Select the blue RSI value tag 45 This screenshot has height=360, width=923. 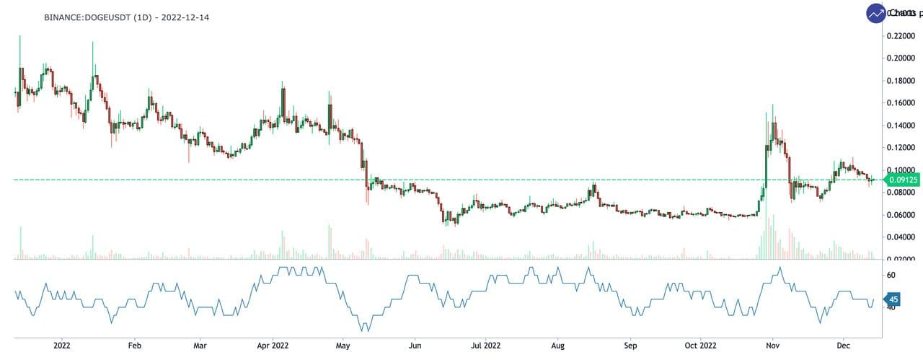pyautogui.click(x=892, y=299)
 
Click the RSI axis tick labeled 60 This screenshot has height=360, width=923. pyautogui.click(x=891, y=275)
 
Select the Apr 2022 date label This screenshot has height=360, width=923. pyautogui.click(x=274, y=345)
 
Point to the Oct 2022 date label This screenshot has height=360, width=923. pyautogui.click(x=701, y=345)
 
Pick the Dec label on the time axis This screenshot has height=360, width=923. pyautogui.click(x=843, y=345)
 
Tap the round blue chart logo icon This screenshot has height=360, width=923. pyautogui.click(x=877, y=14)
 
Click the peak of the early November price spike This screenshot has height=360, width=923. pyautogui.click(x=773, y=105)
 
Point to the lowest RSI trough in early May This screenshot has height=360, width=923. pyautogui.click(x=365, y=330)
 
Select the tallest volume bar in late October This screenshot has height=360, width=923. pyautogui.click(x=767, y=216)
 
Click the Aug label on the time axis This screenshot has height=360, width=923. pyautogui.click(x=557, y=345)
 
